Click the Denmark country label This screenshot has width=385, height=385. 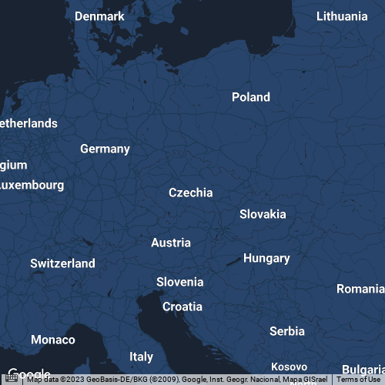click(99, 16)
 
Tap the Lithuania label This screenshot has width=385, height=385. click(342, 16)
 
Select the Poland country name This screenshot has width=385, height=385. click(251, 97)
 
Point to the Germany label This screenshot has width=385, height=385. click(105, 149)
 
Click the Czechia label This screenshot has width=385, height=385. click(190, 192)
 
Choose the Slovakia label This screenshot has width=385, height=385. click(263, 214)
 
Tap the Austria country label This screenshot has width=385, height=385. click(171, 243)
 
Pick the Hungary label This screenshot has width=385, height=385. click(266, 259)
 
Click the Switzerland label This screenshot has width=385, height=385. click(63, 263)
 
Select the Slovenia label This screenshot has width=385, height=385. click(179, 282)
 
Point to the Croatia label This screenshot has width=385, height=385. click(182, 306)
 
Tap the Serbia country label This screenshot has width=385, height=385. click(287, 331)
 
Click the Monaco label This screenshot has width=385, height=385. click(53, 340)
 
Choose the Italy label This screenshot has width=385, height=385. click(142, 357)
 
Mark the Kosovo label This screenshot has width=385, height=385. click(290, 367)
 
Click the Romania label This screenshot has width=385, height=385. click(360, 289)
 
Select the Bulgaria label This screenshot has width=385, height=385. click(363, 370)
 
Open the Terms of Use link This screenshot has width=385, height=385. click(358, 380)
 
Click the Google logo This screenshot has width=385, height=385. click(28, 373)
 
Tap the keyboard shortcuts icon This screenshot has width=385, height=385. click(12, 380)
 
